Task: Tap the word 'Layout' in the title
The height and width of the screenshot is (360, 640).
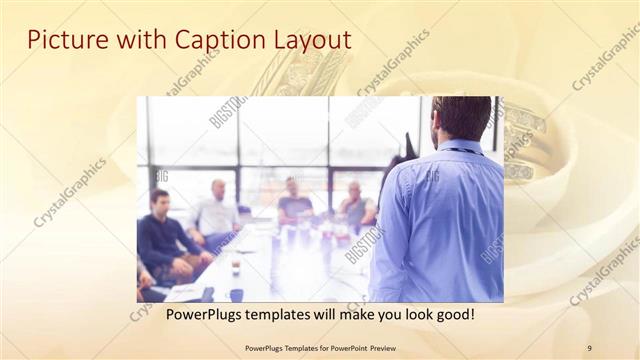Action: (312, 41)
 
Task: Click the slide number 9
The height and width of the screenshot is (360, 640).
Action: (589, 347)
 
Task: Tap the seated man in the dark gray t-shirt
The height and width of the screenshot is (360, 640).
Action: (294, 204)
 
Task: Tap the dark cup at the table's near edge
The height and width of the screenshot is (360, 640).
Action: (236, 294)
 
